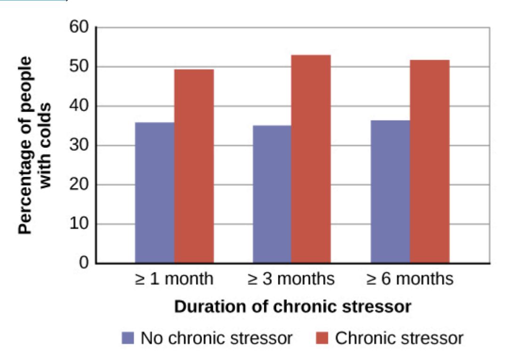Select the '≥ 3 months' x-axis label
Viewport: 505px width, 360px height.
tap(291, 279)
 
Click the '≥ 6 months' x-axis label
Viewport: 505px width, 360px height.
tap(410, 279)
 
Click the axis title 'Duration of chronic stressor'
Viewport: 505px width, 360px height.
tap(293, 307)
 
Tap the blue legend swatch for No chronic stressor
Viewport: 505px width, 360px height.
tap(128, 338)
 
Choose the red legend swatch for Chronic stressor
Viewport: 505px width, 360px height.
tap(322, 338)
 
